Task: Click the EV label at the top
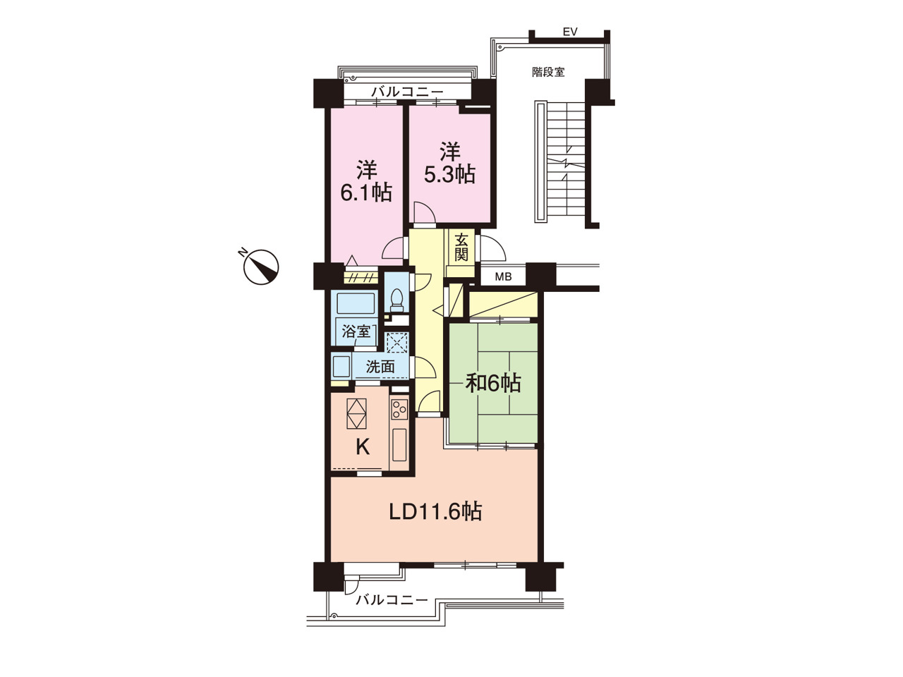coord(570,32)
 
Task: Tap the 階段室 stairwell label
coord(548,72)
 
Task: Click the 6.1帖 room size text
coord(366,193)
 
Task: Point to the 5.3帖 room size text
coord(449,174)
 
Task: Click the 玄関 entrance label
coord(461,247)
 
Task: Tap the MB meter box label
coord(503,276)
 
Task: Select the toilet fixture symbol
coord(396,301)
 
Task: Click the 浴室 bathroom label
coord(356,331)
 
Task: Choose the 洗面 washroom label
coord(380,366)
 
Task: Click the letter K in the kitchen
coord(363,447)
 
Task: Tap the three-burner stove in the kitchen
coord(399,409)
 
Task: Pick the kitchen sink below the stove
coord(399,444)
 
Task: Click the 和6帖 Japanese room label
coord(493,383)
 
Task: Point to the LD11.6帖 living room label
coord(435,512)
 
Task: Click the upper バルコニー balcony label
coord(407,92)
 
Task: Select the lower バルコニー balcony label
coord(392,599)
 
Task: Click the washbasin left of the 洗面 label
coord(341,366)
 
